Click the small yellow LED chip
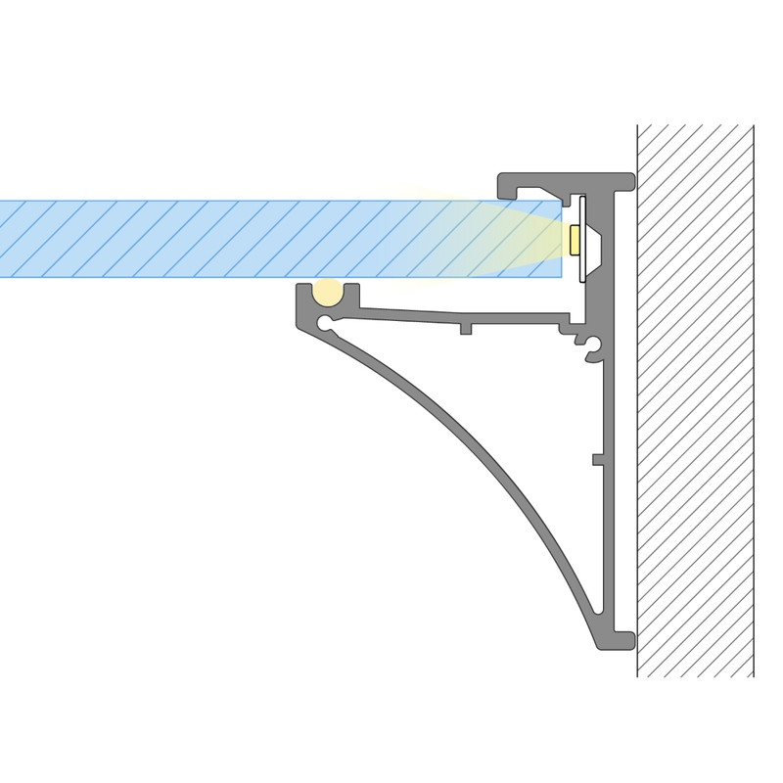pos(573,238)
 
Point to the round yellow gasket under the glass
pos(327,291)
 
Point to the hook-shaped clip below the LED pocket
pos(593,345)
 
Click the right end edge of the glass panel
pos(561,239)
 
